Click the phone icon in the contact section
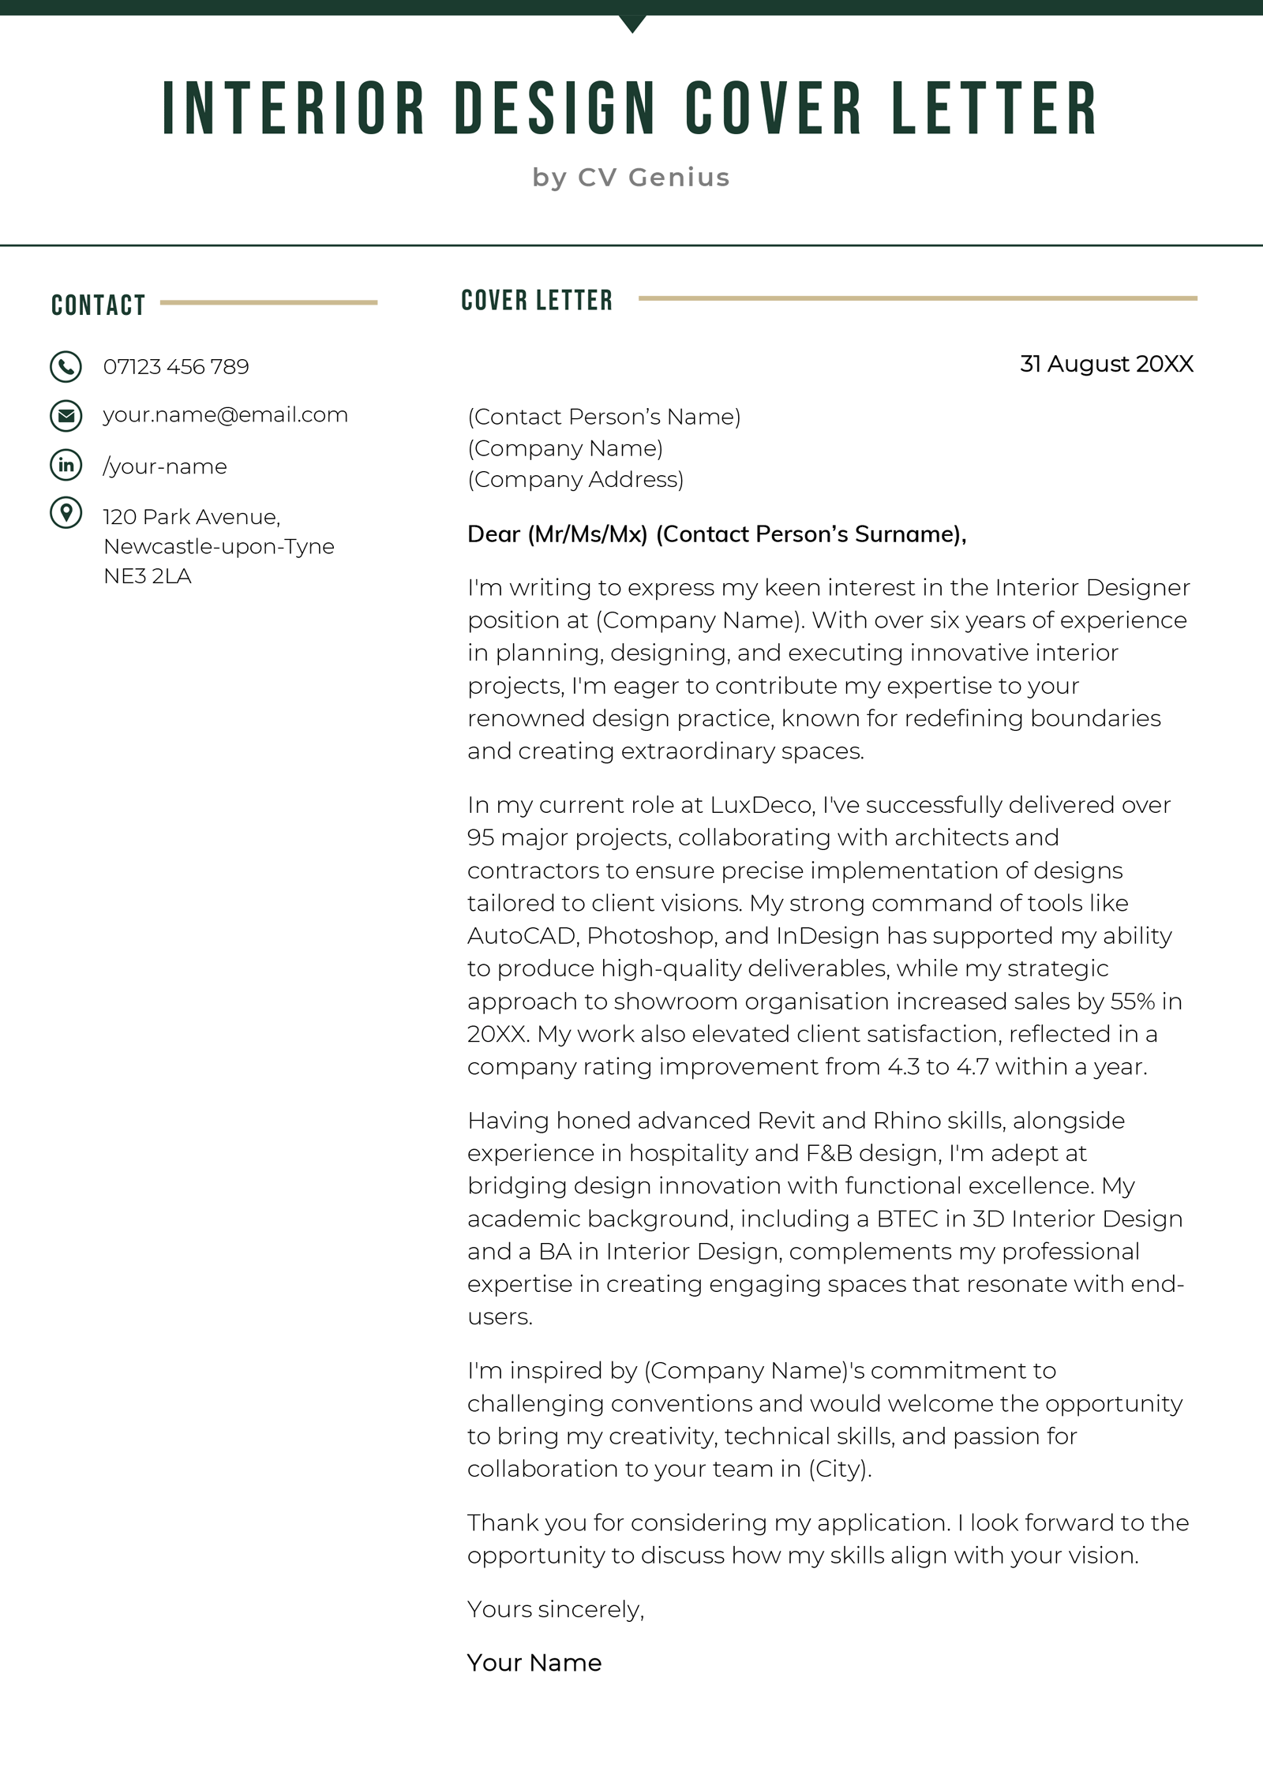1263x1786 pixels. (66, 367)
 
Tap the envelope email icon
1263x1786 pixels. (66, 416)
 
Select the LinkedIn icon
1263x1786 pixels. (66, 466)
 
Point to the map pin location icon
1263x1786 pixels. (66, 513)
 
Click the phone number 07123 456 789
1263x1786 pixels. (176, 367)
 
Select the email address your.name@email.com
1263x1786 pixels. (225, 415)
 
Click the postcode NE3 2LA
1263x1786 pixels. (148, 576)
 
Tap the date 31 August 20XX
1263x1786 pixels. (1106, 364)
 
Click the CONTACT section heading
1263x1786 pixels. (99, 305)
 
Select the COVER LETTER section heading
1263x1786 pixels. (537, 301)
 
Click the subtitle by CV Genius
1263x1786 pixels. (631, 178)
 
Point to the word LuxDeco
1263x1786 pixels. (761, 805)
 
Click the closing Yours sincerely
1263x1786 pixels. (556, 1609)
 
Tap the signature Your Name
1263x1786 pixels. (534, 1663)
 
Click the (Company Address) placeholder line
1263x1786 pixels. (575, 479)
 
